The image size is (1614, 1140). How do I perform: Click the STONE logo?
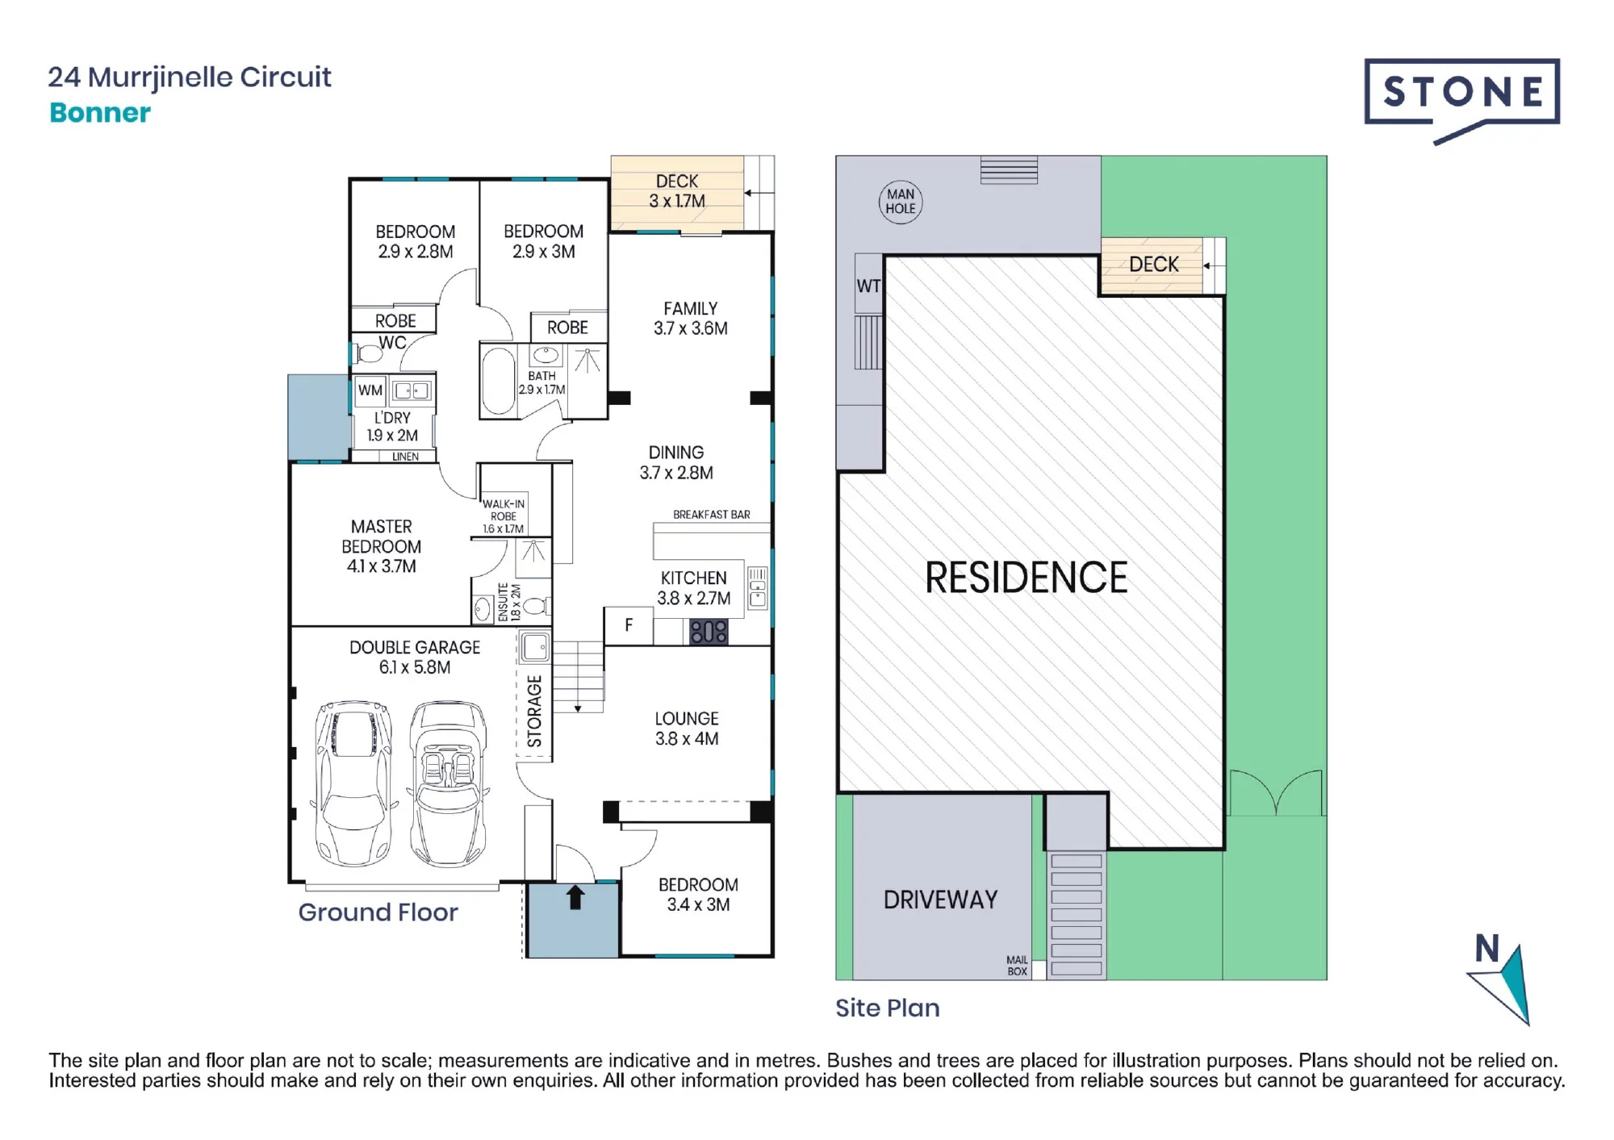tap(1461, 98)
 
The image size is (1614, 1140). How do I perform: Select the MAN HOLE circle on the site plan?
tap(901, 202)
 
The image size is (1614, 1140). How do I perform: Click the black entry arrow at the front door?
tap(575, 897)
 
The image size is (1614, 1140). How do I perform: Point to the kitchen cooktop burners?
tap(709, 632)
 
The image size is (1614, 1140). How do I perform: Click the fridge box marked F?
tap(629, 626)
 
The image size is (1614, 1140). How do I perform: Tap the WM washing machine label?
tap(370, 390)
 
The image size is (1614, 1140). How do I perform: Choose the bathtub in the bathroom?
tap(498, 381)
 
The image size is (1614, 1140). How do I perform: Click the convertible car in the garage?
tap(449, 783)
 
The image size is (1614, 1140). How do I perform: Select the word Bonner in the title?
tap(100, 113)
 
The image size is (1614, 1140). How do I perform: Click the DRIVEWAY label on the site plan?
tap(940, 900)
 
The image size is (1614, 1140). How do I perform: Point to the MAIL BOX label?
tap(1017, 966)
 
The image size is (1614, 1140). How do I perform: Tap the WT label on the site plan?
tap(868, 286)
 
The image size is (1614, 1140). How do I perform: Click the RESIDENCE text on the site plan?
tap(1026, 578)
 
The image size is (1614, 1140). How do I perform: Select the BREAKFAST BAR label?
tap(711, 515)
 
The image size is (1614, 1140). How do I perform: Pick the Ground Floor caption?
tap(378, 912)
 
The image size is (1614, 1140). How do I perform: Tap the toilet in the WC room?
tap(369, 353)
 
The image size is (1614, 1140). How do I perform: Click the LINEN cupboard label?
tap(405, 457)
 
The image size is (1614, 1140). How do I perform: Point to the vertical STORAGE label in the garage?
tap(534, 712)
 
